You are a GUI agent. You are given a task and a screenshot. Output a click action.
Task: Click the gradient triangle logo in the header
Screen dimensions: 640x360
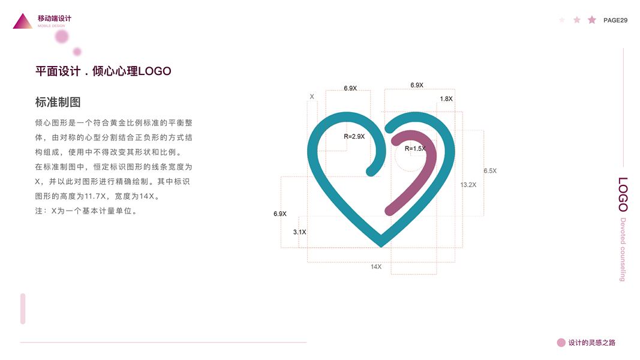click(23, 22)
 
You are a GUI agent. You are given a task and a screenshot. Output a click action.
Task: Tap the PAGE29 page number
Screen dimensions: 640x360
click(615, 20)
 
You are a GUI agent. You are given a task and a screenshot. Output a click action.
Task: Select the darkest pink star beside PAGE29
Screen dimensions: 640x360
click(592, 20)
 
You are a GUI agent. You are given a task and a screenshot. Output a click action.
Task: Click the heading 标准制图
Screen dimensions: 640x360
click(58, 102)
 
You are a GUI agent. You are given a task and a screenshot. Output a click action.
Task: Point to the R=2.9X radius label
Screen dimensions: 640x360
click(354, 137)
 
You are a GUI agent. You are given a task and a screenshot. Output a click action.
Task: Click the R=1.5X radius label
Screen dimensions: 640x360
click(415, 149)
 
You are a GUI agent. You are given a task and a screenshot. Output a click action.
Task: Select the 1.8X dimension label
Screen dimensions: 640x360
click(446, 99)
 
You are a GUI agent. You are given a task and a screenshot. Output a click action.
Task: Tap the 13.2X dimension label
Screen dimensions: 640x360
click(468, 185)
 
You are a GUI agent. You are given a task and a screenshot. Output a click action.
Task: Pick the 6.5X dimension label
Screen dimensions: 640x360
click(490, 171)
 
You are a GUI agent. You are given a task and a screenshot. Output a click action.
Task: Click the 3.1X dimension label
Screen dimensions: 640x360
click(299, 232)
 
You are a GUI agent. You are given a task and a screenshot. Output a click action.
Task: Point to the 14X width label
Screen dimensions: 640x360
click(376, 266)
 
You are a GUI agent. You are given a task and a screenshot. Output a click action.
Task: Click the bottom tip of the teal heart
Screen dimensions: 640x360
click(381, 243)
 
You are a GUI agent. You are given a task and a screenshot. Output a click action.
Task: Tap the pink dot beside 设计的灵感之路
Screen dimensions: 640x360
click(561, 343)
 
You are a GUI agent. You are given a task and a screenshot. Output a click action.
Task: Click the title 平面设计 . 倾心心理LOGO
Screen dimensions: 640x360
click(103, 71)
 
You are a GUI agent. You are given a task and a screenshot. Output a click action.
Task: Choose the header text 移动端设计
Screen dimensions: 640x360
click(54, 19)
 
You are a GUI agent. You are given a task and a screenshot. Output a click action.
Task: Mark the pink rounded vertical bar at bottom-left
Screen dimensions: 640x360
click(23, 308)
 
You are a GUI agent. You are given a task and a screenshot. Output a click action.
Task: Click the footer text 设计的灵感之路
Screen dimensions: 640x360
click(591, 343)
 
